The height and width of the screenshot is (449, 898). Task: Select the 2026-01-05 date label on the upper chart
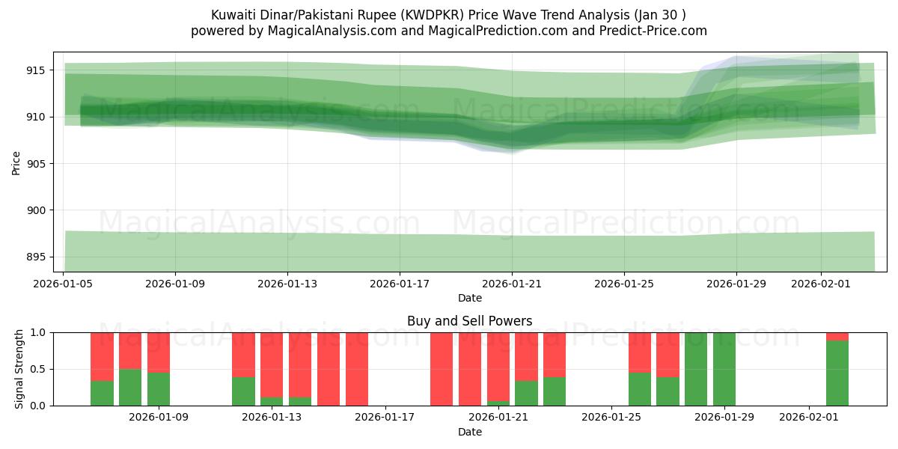pyautogui.click(x=64, y=284)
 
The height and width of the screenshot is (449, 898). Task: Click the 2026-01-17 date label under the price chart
pyautogui.click(x=400, y=284)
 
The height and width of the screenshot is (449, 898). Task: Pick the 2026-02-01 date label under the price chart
pyautogui.click(x=821, y=284)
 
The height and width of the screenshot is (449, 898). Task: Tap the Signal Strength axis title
pyautogui.click(x=19, y=369)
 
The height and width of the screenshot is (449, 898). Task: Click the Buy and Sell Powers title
pyautogui.click(x=469, y=321)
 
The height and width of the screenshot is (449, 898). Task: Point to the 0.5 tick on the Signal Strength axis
pyautogui.click(x=37, y=370)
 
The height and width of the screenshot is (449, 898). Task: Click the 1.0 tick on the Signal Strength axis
pyautogui.click(x=37, y=332)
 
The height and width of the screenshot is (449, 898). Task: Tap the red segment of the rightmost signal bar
pyautogui.click(x=837, y=336)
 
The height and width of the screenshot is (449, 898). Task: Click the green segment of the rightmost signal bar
pyautogui.click(x=837, y=373)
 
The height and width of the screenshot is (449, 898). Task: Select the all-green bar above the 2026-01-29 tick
pyautogui.click(x=724, y=369)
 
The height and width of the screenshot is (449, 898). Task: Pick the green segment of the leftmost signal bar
pyautogui.click(x=102, y=393)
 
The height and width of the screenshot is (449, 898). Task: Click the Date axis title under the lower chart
pyautogui.click(x=469, y=432)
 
